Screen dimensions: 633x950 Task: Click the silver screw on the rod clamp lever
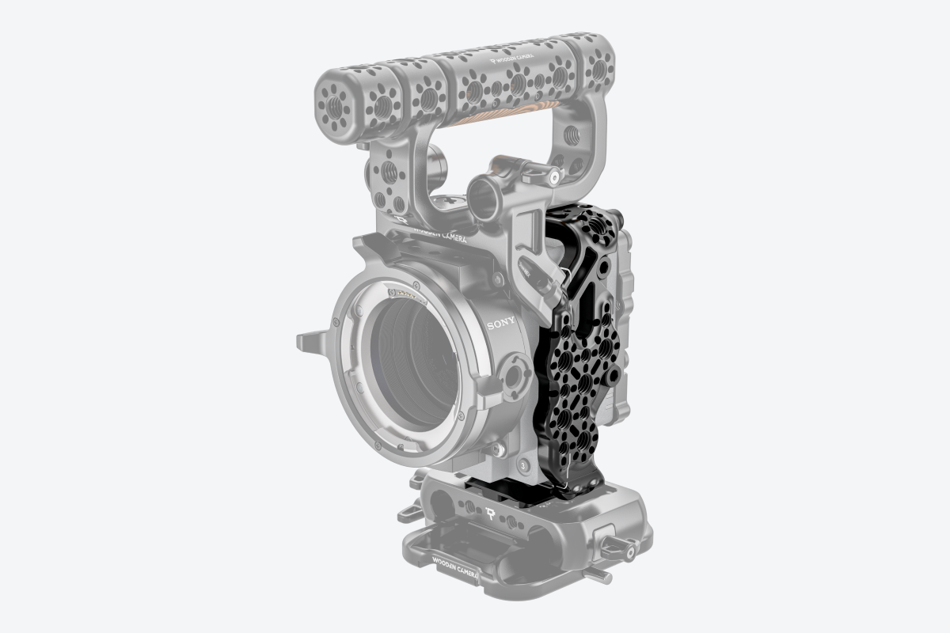click(x=553, y=179)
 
